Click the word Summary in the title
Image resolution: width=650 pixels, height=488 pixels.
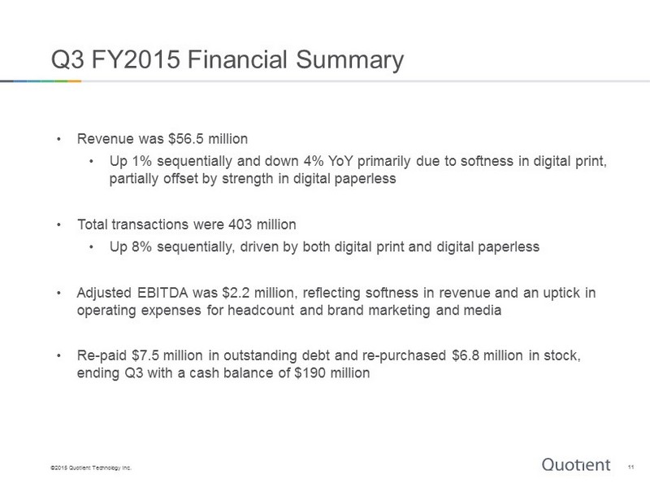click(x=349, y=59)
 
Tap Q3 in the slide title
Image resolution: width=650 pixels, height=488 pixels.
click(x=67, y=59)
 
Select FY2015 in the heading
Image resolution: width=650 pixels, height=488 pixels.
click(x=136, y=59)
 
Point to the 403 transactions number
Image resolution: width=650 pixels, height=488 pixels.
click(x=240, y=224)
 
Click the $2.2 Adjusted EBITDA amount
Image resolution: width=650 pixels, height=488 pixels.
click(x=236, y=293)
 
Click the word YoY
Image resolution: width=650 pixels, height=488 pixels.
click(x=340, y=161)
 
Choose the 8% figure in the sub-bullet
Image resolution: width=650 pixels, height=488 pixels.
click(x=141, y=247)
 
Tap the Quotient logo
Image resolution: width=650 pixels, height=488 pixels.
click(x=576, y=464)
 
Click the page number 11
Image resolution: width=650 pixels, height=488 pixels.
click(x=630, y=467)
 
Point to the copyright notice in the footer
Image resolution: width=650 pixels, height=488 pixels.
click(x=91, y=468)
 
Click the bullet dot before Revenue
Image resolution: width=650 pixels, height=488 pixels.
click(x=59, y=139)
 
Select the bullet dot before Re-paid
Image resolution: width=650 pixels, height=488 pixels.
click(x=59, y=356)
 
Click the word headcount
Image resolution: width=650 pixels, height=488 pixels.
click(x=261, y=311)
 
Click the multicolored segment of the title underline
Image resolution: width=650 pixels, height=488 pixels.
click(x=41, y=81)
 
